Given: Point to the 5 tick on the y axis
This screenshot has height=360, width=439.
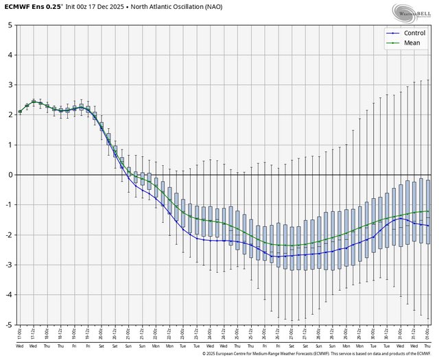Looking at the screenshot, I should (10, 25).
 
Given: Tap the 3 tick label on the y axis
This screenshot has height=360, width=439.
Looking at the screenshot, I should (10, 84).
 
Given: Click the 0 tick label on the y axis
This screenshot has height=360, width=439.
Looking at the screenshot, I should (10, 175).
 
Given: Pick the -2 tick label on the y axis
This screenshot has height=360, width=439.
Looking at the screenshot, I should (9, 235).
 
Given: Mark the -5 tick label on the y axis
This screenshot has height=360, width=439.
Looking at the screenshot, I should (9, 324).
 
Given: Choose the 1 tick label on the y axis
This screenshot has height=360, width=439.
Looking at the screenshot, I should (10, 145).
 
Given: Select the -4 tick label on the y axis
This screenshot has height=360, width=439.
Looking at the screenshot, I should (9, 295).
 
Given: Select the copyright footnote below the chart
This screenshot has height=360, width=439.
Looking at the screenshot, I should (319, 355).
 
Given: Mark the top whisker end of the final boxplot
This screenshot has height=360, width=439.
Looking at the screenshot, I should (428, 80).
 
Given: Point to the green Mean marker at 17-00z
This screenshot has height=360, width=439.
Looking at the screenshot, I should (20, 112).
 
